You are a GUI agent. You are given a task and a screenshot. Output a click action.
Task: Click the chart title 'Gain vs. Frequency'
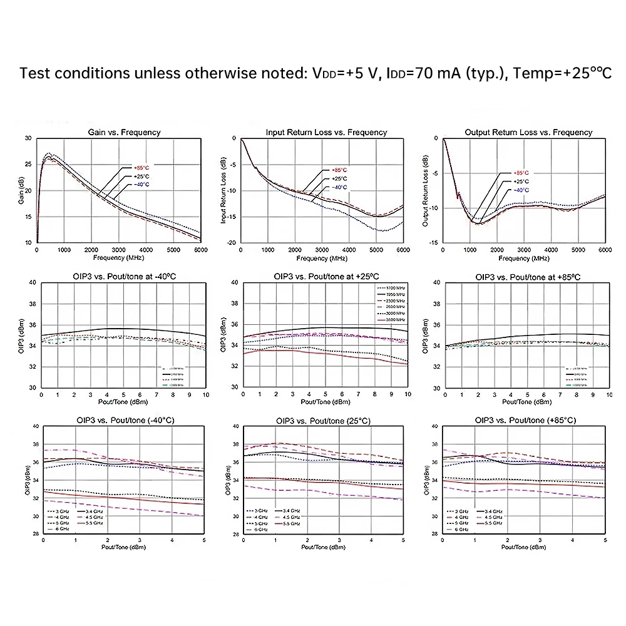click(123, 132)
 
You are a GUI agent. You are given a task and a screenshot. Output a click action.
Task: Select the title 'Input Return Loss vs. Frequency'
click(326, 132)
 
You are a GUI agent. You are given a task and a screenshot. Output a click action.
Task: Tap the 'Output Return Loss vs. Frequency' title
click(528, 132)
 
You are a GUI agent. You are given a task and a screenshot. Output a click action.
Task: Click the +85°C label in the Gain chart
click(141, 167)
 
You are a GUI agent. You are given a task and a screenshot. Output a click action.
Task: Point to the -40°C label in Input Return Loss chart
click(339, 187)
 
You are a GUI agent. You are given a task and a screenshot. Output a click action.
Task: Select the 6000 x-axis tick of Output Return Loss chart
click(605, 250)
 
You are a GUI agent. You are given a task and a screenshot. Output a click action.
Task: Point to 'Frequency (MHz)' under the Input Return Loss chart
click(321, 258)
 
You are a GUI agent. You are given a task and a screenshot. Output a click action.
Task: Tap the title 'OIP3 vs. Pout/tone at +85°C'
click(528, 277)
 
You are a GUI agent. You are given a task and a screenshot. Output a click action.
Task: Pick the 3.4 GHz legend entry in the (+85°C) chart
click(493, 511)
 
